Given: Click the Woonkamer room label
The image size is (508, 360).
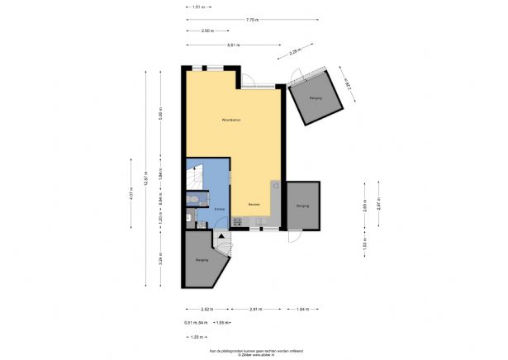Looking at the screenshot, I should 231,120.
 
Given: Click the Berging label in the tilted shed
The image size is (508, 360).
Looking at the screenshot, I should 315,98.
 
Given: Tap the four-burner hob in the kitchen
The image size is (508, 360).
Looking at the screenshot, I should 238,220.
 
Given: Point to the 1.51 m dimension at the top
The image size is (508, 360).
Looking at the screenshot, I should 198,7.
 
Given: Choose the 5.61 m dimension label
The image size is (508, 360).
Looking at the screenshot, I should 234,45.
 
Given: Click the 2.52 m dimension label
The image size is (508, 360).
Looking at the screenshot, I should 206,309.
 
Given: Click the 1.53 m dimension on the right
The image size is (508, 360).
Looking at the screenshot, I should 363,243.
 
